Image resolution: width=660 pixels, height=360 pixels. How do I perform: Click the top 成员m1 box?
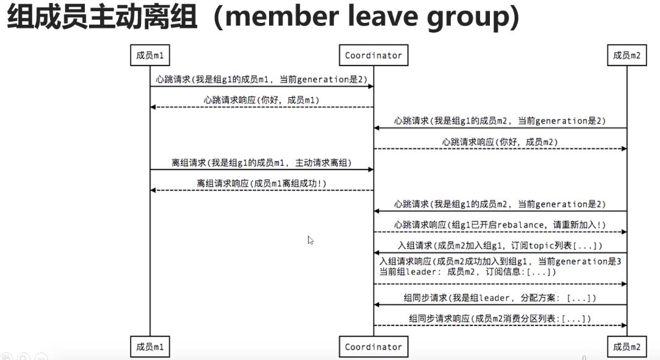pyautogui.click(x=150, y=56)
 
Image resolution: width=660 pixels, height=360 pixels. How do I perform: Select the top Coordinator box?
pyautogui.click(x=373, y=56)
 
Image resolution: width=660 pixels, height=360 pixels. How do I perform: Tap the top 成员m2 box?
pyautogui.click(x=627, y=56)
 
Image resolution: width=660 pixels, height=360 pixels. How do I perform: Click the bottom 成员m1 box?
pyautogui.click(x=150, y=347)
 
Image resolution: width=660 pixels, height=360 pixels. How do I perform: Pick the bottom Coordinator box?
pyautogui.click(x=373, y=347)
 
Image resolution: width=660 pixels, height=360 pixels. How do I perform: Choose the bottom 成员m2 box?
pyautogui.click(x=627, y=347)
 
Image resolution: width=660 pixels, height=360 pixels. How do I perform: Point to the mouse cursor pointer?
pyautogui.click(x=311, y=240)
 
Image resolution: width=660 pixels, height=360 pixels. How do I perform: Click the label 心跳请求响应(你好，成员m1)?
pyautogui.click(x=262, y=100)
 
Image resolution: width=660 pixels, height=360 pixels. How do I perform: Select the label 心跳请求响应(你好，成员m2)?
pyautogui.click(x=500, y=142)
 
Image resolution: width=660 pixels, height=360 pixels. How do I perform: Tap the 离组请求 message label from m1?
pyautogui.click(x=261, y=163)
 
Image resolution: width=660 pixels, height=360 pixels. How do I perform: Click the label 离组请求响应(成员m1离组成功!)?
pyautogui.click(x=262, y=184)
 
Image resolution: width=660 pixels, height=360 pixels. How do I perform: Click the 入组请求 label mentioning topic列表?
pyautogui.click(x=500, y=246)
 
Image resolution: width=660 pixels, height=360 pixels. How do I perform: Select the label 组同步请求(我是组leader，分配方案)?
pyautogui.click(x=500, y=298)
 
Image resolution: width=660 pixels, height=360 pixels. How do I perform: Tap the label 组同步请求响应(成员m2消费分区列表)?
pyautogui.click(x=500, y=319)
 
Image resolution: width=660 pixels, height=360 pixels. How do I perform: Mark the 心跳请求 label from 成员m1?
pyautogui.click(x=261, y=79)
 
